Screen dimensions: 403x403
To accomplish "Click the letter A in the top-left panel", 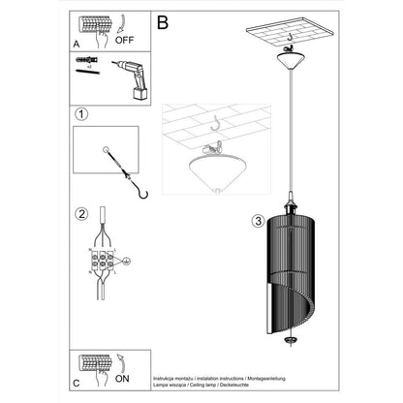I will (x=77, y=44).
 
